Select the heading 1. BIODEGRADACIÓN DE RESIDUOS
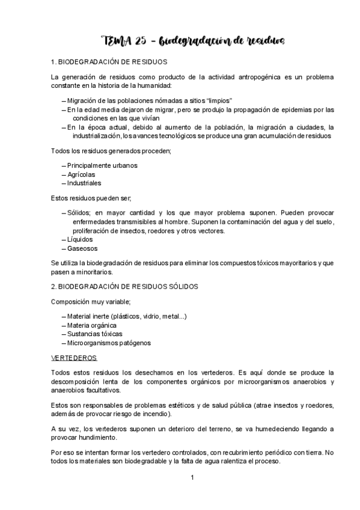point(109,62)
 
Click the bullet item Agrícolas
point(81,174)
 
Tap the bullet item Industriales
point(84,183)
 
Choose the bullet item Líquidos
point(80,239)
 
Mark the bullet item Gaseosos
point(82,248)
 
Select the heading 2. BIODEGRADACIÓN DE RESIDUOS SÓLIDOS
point(125,286)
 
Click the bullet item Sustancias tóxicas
point(95,334)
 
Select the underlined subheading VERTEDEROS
point(74,358)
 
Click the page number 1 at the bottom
point(192,478)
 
